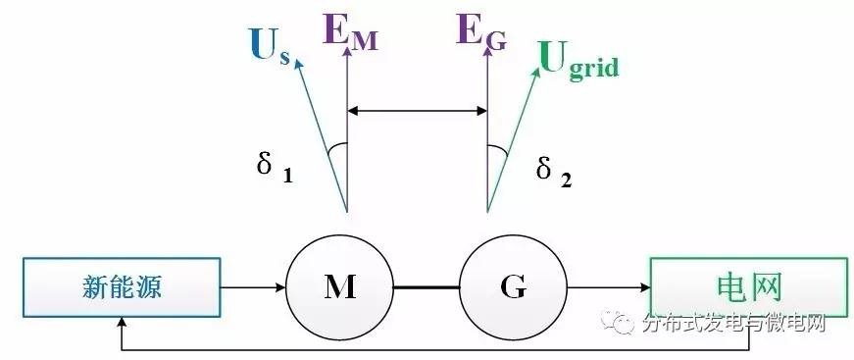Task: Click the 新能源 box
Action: pyautogui.click(x=122, y=287)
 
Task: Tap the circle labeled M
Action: pyautogui.click(x=339, y=287)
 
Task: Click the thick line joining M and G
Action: pyautogui.click(x=426, y=287)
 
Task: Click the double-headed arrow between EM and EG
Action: pyautogui.click(x=417, y=110)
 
